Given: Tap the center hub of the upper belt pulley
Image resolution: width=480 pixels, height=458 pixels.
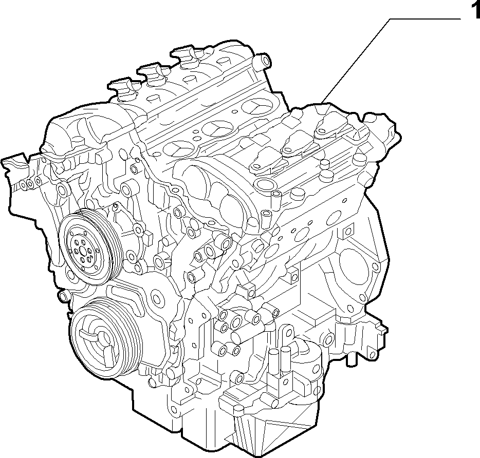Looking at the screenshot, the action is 83,252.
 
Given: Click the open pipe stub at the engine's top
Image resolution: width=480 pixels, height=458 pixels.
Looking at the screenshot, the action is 262,61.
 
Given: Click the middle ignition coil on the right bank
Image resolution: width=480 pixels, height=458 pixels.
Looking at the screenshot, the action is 298,143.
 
